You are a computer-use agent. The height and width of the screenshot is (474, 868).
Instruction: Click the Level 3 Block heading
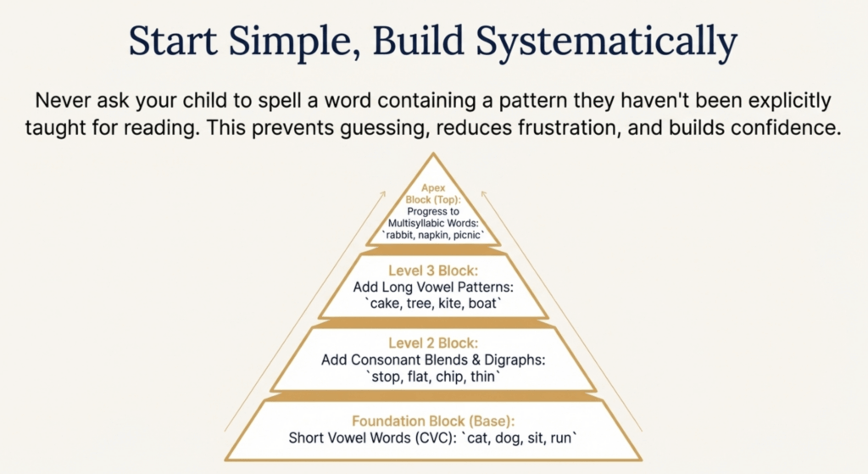point(433,270)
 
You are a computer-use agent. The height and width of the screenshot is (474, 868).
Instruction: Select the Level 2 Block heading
point(433,343)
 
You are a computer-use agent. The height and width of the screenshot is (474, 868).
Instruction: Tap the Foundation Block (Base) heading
point(433,421)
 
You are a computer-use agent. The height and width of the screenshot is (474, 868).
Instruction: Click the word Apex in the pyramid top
point(433,188)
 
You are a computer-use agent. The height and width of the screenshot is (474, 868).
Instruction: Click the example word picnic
point(467,236)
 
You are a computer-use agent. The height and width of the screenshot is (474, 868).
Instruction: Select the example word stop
point(386,377)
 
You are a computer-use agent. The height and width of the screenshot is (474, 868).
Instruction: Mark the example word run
point(561,438)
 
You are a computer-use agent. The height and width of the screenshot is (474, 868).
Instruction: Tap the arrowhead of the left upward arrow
point(383,193)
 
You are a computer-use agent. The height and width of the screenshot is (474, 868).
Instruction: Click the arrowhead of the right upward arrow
point(483,193)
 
